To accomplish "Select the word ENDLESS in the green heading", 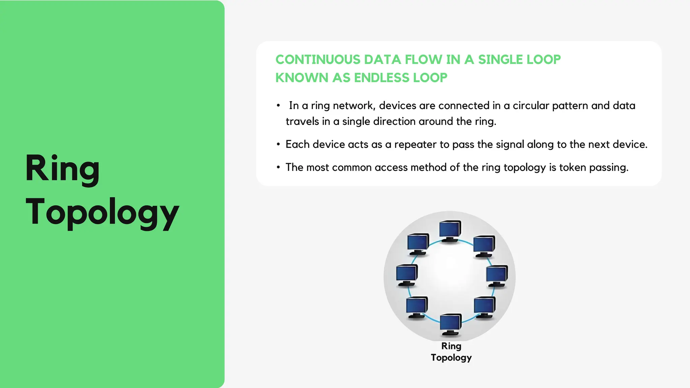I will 381,78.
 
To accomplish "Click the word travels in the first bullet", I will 302,121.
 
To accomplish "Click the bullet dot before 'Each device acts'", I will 278,144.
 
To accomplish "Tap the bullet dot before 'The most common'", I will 278,167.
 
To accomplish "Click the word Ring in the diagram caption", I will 451,346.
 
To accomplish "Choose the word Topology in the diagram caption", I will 451,358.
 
